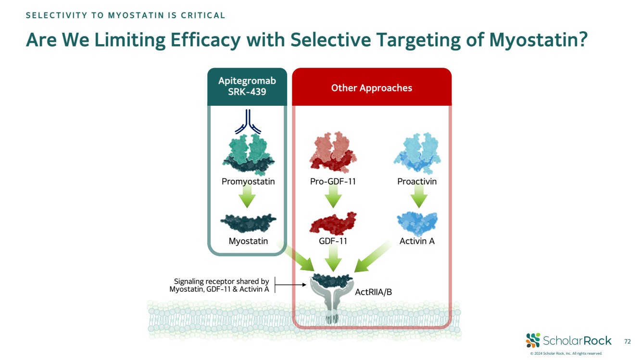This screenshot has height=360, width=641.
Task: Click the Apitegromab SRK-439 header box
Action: pos(247,87)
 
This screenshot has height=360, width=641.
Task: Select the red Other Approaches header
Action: pos(372,87)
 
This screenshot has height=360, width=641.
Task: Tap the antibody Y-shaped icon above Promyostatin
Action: pos(248,122)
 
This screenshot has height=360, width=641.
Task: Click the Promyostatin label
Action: pos(248,182)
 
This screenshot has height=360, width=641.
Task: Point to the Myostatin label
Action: pos(248,241)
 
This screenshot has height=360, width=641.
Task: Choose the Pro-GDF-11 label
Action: pos(333,182)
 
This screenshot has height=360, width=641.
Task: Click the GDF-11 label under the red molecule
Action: pos(333,241)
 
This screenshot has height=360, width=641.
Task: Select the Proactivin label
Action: pos(417,182)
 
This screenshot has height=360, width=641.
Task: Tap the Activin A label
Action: pos(417,241)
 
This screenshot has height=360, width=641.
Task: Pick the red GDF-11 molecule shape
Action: pos(333,223)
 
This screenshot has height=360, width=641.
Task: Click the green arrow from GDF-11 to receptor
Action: pos(333,260)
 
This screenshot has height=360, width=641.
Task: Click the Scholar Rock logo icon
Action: pos(533,340)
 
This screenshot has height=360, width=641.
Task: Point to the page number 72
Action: pos(627,341)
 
